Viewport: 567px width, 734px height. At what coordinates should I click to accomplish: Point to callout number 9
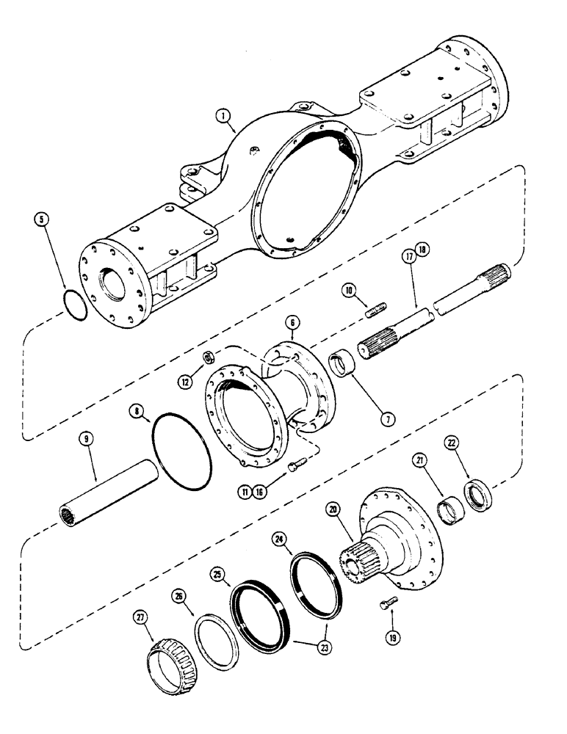87,439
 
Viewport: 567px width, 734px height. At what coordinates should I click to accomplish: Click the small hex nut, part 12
208,357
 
